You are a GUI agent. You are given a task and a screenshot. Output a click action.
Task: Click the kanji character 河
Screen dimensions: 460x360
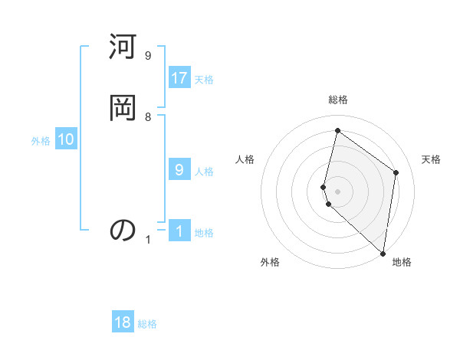[123, 50]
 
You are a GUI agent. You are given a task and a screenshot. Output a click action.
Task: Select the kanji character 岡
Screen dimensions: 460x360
[123, 108]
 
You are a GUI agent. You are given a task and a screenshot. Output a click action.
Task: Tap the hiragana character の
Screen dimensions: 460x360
[123, 229]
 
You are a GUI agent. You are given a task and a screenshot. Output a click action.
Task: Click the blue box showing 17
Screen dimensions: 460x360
[179, 78]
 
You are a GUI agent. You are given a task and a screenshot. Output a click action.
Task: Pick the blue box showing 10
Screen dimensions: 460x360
[66, 139]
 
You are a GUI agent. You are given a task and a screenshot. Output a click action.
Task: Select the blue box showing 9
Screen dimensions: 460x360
[179, 170]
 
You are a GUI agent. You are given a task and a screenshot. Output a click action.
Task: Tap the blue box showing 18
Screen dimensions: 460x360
[123, 322]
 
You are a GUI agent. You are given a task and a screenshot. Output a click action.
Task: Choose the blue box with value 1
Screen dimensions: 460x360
[179, 231]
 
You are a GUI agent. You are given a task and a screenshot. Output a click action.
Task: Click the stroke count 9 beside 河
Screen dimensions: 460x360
[148, 56]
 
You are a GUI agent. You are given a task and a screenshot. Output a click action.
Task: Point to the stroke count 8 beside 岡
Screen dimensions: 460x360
[148, 116]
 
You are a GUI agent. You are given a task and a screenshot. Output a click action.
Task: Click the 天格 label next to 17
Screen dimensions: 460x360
[204, 80]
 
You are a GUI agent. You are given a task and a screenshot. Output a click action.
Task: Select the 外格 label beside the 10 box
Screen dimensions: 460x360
[41, 141]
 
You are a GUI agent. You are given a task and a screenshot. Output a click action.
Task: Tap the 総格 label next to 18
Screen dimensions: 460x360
[147, 324]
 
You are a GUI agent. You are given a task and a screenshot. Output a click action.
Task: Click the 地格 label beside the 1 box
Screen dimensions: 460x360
[204, 233]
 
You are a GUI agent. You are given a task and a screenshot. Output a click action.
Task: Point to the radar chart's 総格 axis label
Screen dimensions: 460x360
[338, 100]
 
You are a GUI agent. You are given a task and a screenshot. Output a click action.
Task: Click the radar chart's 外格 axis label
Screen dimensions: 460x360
[270, 262]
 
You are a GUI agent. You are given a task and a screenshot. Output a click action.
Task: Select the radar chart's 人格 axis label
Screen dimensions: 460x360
[245, 159]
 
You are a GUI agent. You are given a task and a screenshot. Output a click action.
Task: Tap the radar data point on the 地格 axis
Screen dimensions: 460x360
[383, 254]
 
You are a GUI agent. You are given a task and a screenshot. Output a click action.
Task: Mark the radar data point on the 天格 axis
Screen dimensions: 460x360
[396, 172]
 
